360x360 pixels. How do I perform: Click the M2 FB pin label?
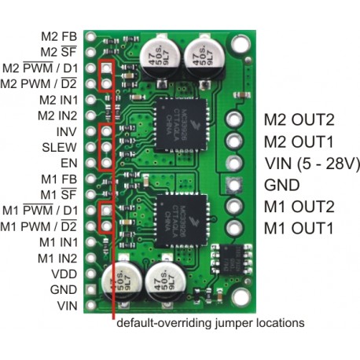tap(60, 36)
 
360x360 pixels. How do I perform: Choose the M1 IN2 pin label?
tap(56, 258)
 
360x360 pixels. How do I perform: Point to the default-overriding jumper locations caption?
tap(210, 322)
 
